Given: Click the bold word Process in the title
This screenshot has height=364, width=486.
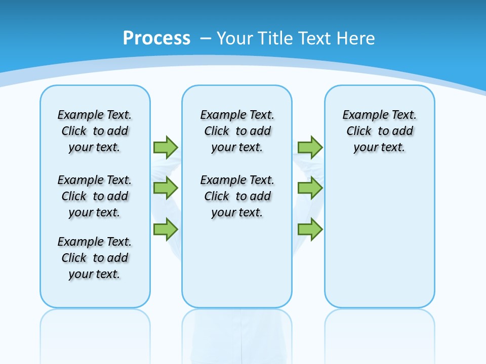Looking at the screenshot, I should pyautogui.click(x=156, y=38).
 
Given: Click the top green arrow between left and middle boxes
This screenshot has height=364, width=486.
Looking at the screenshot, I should pyautogui.click(x=166, y=147).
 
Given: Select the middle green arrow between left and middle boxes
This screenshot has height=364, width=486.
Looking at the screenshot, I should pyautogui.click(x=166, y=189).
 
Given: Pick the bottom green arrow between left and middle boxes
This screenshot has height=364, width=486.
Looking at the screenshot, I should pyautogui.click(x=166, y=229).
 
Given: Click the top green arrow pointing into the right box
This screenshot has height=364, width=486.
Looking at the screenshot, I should pyautogui.click(x=310, y=147).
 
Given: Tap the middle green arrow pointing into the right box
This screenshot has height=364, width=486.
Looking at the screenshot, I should pyautogui.click(x=310, y=189).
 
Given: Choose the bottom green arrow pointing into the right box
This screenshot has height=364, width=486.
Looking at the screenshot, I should pyautogui.click(x=310, y=229).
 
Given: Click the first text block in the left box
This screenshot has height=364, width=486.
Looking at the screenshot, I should pyautogui.click(x=95, y=131).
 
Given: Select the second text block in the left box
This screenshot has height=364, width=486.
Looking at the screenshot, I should pyautogui.click(x=95, y=196).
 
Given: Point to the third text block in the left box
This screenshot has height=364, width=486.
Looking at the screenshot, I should pyautogui.click(x=95, y=258).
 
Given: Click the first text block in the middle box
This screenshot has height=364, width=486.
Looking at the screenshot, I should pyautogui.click(x=237, y=131).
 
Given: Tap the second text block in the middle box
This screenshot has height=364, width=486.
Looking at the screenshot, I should pyautogui.click(x=237, y=196).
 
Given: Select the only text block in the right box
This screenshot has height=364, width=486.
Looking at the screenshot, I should pyautogui.click(x=380, y=131).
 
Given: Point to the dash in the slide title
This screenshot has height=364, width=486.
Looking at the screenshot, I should pyautogui.click(x=206, y=39).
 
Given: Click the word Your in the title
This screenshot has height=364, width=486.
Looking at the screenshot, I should pyautogui.click(x=235, y=38).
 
